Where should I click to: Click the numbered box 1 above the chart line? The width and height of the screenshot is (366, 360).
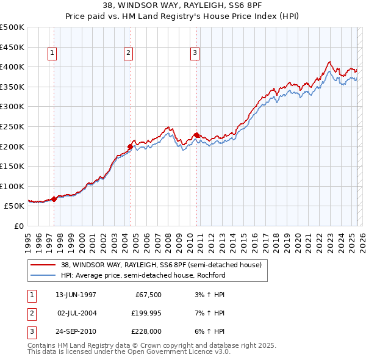click(x=53, y=54)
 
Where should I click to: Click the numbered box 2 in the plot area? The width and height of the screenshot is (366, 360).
click(x=129, y=54)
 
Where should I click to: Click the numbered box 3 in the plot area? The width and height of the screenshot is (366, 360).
click(x=195, y=54)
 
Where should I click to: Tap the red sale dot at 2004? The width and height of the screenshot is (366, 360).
click(x=131, y=146)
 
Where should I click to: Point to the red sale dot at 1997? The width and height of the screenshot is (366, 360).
click(x=54, y=199)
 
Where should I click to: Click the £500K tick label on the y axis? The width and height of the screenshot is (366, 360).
click(x=12, y=27)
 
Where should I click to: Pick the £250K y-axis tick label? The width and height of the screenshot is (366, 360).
click(x=12, y=126)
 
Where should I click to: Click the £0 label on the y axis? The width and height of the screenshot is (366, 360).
click(x=18, y=226)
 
